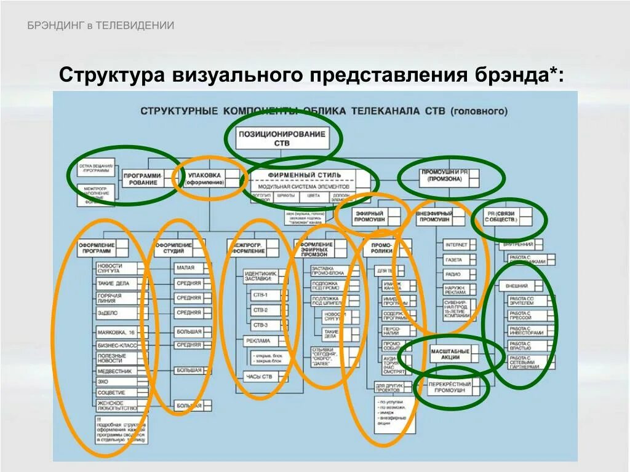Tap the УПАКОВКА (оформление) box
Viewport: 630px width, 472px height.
coord(204,178)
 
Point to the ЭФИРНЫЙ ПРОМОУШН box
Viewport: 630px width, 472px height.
coord(369,216)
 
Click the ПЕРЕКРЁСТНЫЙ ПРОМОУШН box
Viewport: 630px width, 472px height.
coord(450,387)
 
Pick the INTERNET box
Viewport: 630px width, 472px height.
coord(457,245)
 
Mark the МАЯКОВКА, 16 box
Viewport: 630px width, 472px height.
coord(116,332)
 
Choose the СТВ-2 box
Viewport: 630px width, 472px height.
coord(260,310)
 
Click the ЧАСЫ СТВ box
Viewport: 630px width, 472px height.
coord(258,376)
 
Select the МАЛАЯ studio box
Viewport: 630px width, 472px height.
coord(187,268)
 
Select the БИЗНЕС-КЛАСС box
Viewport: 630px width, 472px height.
coord(116,346)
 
